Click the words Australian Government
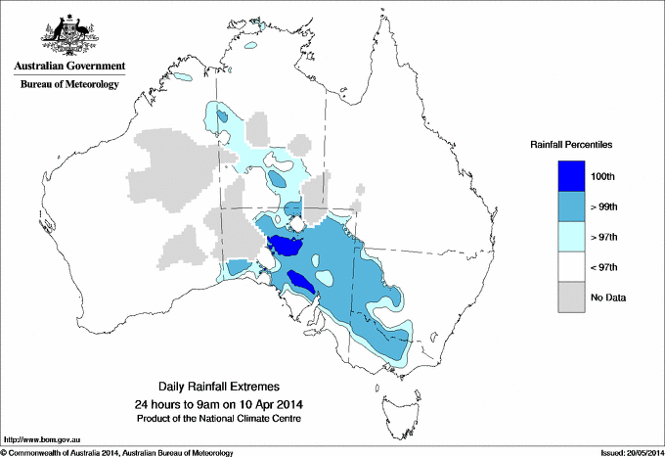click(x=69, y=68)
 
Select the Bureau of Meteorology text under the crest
click(x=69, y=85)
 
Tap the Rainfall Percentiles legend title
click(x=571, y=145)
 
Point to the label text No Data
click(x=608, y=297)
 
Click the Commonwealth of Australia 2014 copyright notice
click(x=117, y=452)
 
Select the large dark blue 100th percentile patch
click(x=287, y=245)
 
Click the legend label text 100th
click(x=603, y=176)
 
